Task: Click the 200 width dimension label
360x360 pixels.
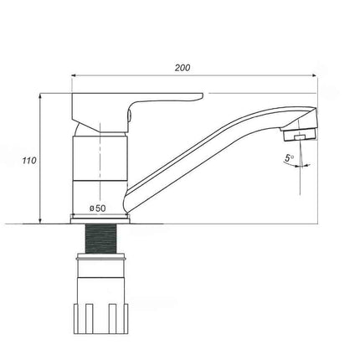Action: (183, 68)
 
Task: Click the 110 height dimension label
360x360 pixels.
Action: (29, 161)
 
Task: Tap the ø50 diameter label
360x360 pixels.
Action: (97, 208)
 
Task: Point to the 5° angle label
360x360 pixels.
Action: (289, 158)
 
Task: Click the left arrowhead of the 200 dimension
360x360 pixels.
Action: (74, 75)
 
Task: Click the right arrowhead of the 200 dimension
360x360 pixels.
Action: (315, 75)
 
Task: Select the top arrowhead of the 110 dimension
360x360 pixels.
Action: (40, 95)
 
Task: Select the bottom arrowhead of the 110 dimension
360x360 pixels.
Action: (40, 221)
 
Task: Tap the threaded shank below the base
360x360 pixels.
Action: (100, 239)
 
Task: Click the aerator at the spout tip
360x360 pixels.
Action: (300, 134)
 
